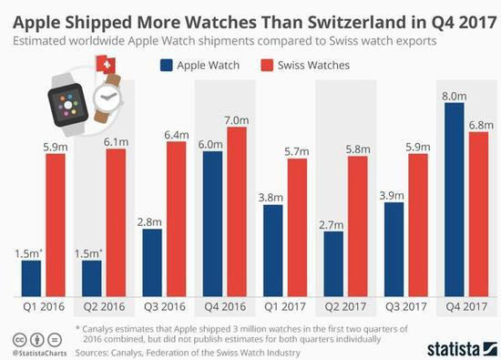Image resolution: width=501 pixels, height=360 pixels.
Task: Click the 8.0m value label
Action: click(454, 95)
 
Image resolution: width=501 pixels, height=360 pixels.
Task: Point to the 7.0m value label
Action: click(236, 118)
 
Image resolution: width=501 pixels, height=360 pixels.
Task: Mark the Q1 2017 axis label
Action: click(283, 307)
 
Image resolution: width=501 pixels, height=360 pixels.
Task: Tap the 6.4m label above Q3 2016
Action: click(176, 133)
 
